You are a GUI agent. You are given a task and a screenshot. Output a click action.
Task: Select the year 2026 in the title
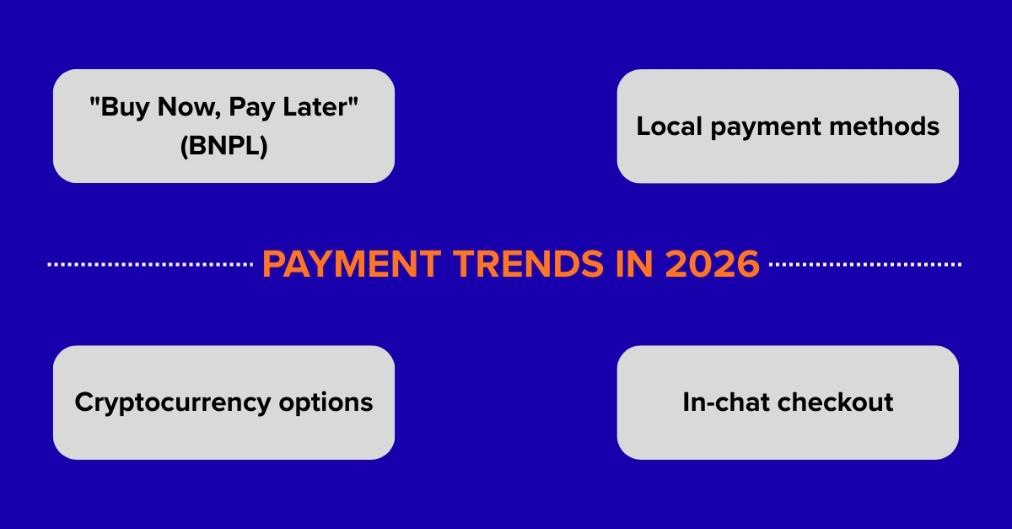pyautogui.click(x=712, y=264)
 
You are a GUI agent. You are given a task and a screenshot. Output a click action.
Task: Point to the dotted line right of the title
pyautogui.click(x=865, y=265)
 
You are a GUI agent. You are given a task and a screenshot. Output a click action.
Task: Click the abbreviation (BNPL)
pyautogui.click(x=223, y=146)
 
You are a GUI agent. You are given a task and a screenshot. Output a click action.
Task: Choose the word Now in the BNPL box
pyautogui.click(x=182, y=108)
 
